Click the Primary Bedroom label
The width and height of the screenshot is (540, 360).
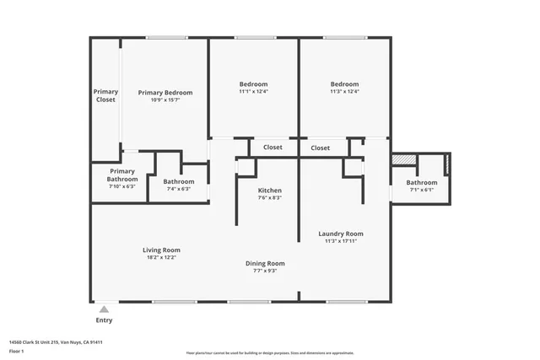[x=165, y=93]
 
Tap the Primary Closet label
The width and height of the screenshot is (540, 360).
[x=105, y=95]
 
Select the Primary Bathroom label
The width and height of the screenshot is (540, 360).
[x=121, y=175]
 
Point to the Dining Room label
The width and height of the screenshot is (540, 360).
[x=265, y=263]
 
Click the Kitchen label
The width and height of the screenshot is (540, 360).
[x=270, y=191]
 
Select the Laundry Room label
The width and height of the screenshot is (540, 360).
[x=341, y=234]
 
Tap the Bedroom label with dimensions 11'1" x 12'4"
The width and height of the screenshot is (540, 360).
[x=253, y=84]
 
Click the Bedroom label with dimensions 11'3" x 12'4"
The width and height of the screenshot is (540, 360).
[x=344, y=84]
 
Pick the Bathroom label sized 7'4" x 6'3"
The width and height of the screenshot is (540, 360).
[x=179, y=181]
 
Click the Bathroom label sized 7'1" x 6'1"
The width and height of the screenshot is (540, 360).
[x=422, y=182]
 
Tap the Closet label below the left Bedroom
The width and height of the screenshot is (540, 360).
[x=273, y=148]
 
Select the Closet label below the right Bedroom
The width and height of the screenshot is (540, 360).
[x=321, y=148]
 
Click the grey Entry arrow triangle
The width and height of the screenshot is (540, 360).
[x=104, y=310]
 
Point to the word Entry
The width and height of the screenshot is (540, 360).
[x=104, y=320]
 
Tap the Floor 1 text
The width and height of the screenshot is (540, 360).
[x=18, y=350]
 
